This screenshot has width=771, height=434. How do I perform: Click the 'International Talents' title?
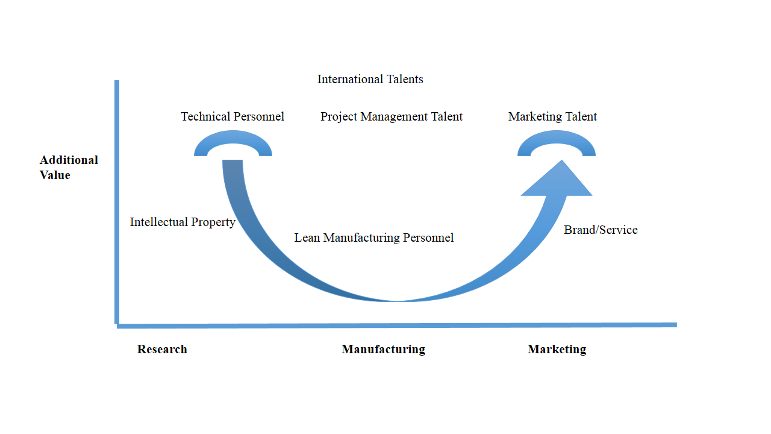pos(370,80)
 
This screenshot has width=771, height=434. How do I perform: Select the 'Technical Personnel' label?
pos(233,116)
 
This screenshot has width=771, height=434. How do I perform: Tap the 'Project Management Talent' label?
pos(392,116)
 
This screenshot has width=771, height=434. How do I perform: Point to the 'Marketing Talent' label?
pos(553,116)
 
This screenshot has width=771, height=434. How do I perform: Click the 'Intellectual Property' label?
pos(183,222)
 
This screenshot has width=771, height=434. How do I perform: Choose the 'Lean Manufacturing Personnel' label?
pos(373,237)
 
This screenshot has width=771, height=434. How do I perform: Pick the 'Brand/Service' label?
pos(601,230)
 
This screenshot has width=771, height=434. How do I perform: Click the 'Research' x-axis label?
pos(161,349)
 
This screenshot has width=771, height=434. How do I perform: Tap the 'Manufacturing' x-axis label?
pos(383,349)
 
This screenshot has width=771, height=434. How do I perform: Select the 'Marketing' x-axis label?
pos(557,349)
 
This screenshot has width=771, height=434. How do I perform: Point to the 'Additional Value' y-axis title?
pos(68,168)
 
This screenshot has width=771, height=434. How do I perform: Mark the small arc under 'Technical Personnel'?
pos(233,139)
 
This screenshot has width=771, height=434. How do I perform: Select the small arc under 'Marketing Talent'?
pos(557,139)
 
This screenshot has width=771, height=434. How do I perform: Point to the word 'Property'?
pos(213,222)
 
